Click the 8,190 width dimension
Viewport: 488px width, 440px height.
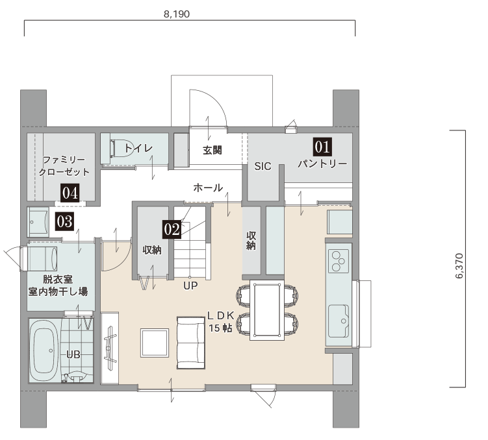pos(177,14)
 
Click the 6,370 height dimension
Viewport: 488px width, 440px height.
pos(459,266)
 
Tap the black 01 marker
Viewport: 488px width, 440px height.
pos(322,147)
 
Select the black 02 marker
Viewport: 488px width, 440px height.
pos(172,230)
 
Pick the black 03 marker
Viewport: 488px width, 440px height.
pos(65,221)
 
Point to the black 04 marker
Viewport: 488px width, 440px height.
pos(70,193)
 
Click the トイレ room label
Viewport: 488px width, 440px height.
pos(139,148)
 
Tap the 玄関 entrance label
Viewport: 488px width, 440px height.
pos(212,151)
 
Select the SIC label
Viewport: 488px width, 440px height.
pos(263,167)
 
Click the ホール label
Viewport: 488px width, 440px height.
pos(208,188)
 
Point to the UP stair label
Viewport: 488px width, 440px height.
pos(190,286)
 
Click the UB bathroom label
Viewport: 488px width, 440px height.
pos(73,354)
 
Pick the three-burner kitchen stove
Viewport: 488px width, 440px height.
pos(339,261)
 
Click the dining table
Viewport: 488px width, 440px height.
pos(266,310)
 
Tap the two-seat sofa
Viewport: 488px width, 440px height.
pos(191,343)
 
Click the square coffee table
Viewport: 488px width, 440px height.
pos(155,343)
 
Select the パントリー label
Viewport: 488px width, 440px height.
pos(322,164)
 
